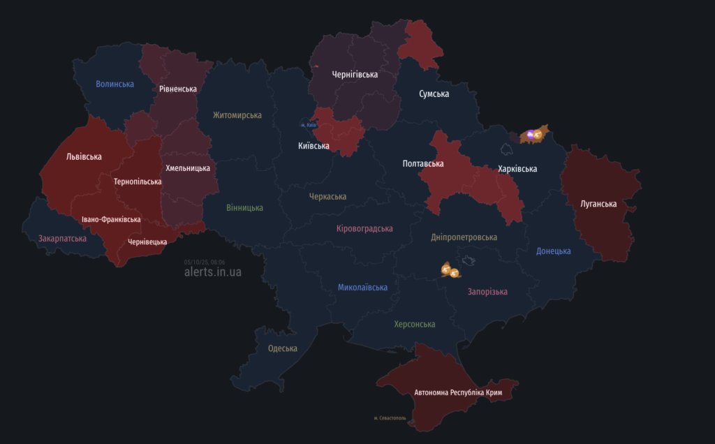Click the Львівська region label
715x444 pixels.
(84, 156)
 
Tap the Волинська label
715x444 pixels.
(115, 84)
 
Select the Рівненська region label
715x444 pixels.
(177, 89)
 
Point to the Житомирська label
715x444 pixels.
(237, 115)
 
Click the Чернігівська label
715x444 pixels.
(355, 74)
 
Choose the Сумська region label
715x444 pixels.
(434, 94)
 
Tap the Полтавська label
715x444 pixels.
(423, 163)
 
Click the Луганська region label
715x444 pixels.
(598, 204)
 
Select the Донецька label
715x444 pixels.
(553, 251)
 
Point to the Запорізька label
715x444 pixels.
(487, 291)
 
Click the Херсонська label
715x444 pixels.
(414, 324)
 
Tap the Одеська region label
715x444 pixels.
(282, 348)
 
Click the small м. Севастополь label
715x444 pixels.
(390, 418)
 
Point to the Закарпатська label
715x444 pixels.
(62, 238)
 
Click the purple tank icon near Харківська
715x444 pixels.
(531, 134)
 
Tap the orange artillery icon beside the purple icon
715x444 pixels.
(539, 133)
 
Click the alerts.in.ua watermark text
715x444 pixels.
(212, 272)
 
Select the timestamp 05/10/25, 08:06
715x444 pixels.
(205, 262)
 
